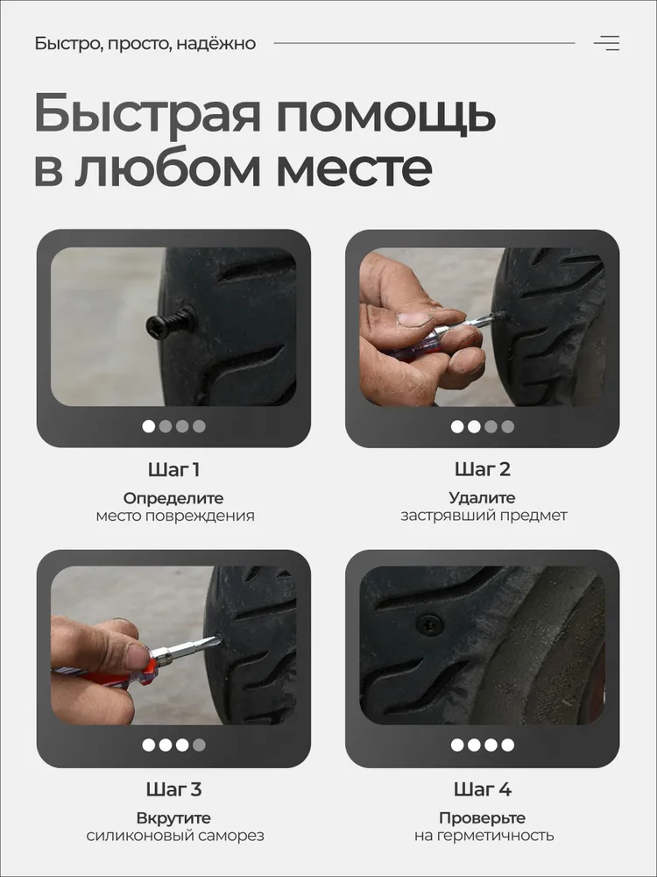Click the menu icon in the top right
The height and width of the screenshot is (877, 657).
click(x=606, y=43)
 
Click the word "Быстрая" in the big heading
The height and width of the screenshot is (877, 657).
click(x=147, y=113)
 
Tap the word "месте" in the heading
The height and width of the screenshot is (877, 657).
click(x=354, y=168)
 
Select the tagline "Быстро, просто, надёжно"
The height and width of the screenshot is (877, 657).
click(x=145, y=44)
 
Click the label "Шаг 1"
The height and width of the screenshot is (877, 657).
click(x=173, y=470)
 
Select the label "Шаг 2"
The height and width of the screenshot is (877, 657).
click(x=483, y=469)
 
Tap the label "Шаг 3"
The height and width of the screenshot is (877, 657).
click(x=173, y=789)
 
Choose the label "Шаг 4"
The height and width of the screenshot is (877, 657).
click(x=483, y=789)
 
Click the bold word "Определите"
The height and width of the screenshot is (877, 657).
click(x=173, y=498)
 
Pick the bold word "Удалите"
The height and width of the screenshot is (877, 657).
click(x=482, y=497)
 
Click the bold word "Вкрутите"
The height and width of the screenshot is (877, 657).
click(x=173, y=818)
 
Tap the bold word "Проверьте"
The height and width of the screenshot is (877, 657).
click(x=482, y=818)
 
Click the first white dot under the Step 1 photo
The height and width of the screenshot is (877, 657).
click(x=149, y=427)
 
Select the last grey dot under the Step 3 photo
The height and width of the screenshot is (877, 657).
click(x=199, y=745)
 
